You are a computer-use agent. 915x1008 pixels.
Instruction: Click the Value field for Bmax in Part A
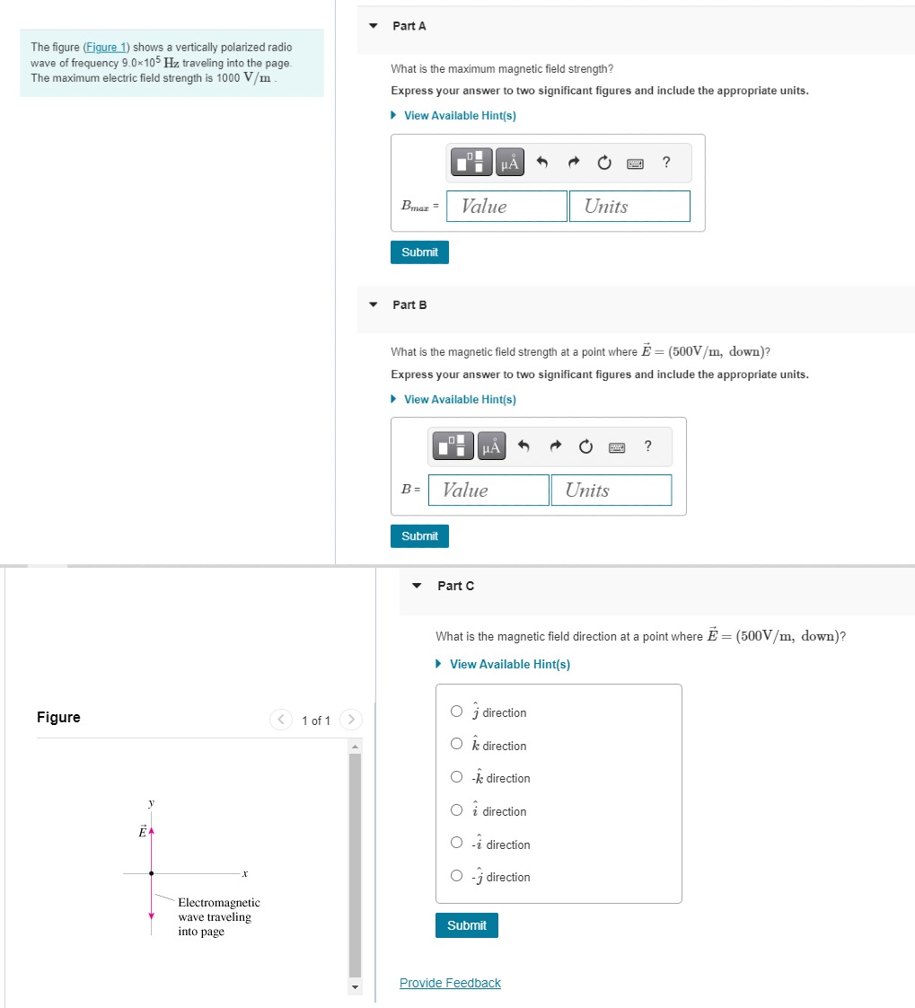(x=507, y=206)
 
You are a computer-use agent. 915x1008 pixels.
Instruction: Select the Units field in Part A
(x=629, y=206)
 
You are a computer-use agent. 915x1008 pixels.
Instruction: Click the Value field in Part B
(x=488, y=490)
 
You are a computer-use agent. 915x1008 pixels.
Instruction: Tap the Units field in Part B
(x=611, y=490)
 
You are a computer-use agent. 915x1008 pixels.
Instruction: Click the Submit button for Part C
(x=466, y=925)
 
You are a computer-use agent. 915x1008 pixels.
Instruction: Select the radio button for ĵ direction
(x=457, y=712)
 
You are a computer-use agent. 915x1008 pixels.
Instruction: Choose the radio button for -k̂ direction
(x=457, y=778)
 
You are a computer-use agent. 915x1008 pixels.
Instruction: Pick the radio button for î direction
(x=457, y=811)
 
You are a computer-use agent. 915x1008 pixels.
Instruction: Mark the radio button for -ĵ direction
(x=457, y=877)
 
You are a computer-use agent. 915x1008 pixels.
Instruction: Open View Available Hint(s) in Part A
(x=459, y=116)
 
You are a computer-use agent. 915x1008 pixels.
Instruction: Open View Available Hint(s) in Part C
(x=509, y=664)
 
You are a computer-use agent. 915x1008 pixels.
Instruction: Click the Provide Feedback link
(x=450, y=983)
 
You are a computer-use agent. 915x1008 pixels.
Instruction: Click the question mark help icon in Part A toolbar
(x=665, y=163)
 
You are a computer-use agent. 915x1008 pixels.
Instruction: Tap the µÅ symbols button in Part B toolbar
(x=491, y=447)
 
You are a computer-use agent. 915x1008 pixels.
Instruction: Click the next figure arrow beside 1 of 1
(x=352, y=720)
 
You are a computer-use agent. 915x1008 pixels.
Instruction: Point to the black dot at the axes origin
(x=151, y=872)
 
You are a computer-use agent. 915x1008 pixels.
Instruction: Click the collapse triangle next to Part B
(x=374, y=305)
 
